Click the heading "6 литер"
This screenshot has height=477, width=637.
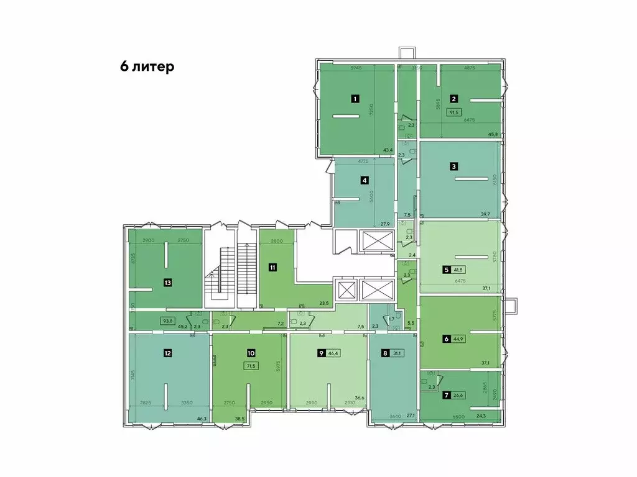click(x=147, y=67)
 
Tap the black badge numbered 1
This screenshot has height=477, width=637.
click(x=355, y=98)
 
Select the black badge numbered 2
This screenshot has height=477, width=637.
click(x=454, y=98)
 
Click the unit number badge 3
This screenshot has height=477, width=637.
click(x=454, y=166)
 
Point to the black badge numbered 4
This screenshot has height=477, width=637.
click(x=365, y=181)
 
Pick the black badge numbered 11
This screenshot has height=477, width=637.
click(x=272, y=268)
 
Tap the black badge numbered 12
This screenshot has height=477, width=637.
click(x=167, y=353)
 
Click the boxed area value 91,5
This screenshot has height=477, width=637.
click(x=454, y=112)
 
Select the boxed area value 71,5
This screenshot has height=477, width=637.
click(x=251, y=366)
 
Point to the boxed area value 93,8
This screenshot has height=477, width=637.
click(x=167, y=321)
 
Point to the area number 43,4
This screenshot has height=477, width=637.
click(x=388, y=150)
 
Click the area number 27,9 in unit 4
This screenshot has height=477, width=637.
click(x=385, y=224)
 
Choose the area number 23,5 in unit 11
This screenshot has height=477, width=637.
click(x=323, y=303)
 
